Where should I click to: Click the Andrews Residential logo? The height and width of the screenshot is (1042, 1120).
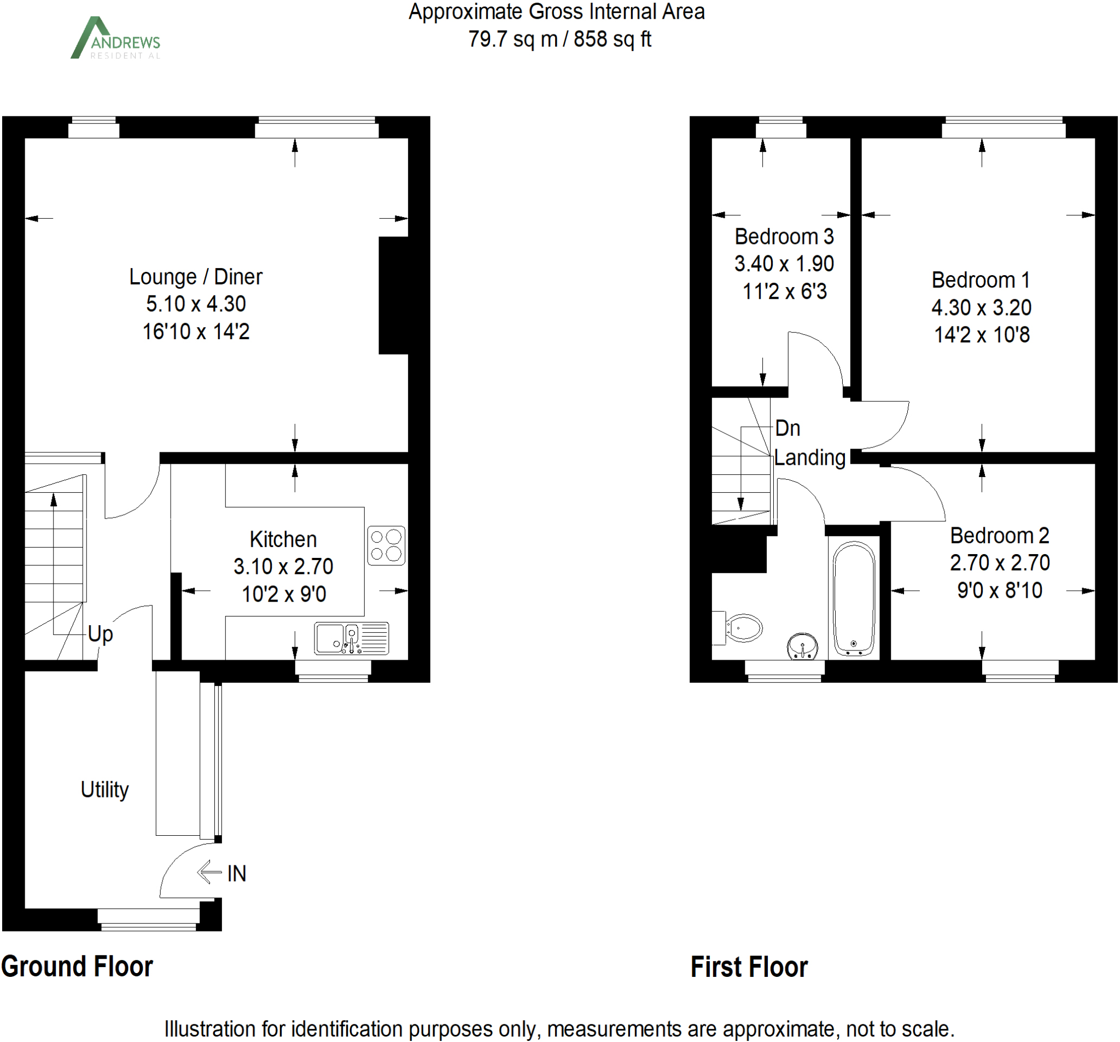115,38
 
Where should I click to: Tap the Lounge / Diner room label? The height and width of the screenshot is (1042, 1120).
195,277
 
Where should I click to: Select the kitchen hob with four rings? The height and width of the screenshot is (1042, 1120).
386,545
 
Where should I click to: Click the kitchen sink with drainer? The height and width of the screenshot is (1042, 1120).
352,638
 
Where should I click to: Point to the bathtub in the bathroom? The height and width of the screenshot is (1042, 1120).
854,599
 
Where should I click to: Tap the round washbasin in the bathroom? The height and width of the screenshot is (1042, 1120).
802,645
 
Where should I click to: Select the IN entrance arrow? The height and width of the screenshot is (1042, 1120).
210,872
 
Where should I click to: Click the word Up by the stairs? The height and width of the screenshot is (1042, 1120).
100,634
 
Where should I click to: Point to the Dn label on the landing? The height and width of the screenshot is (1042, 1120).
787,428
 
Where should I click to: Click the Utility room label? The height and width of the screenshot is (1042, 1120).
105,789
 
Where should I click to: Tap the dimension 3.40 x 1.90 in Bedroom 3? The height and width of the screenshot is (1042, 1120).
784,264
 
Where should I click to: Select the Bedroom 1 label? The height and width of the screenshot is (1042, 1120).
981,280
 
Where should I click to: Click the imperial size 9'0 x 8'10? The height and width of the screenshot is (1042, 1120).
1000,590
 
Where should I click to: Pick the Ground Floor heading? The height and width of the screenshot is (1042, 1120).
77,967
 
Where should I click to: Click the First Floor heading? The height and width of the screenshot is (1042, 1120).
749,967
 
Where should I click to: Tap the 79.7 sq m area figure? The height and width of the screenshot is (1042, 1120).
512,39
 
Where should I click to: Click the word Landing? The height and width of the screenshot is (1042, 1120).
809,458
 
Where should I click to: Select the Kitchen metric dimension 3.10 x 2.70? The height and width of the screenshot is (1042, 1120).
283,566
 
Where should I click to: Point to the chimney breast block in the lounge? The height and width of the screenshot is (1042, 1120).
393,295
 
